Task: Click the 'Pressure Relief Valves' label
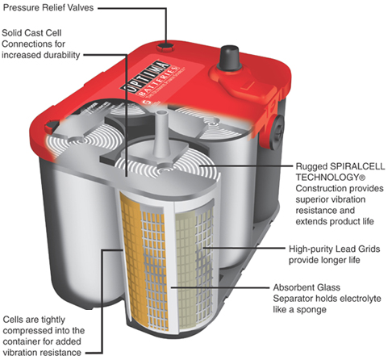(x=48, y=7)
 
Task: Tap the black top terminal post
(x=228, y=57)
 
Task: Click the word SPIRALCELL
(x=357, y=166)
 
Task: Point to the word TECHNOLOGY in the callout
(x=328, y=178)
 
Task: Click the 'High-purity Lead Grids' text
(x=334, y=249)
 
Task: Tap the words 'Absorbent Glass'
(x=307, y=287)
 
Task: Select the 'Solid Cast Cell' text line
(x=31, y=33)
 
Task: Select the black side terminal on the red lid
(x=277, y=132)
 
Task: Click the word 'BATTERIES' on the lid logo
(x=159, y=82)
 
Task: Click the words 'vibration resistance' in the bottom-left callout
(x=42, y=353)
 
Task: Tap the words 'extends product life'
(x=335, y=221)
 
